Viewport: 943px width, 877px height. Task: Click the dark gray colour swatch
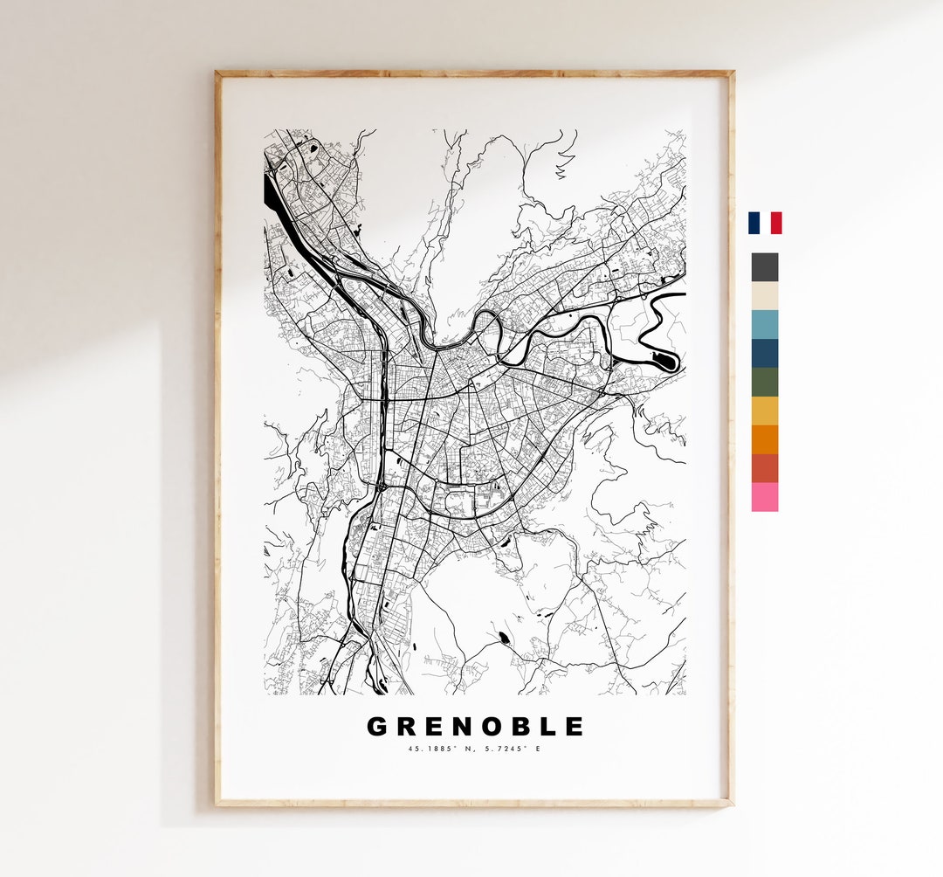[764, 267]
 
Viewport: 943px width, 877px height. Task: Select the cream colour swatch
[764, 296]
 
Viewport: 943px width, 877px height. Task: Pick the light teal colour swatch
[764, 324]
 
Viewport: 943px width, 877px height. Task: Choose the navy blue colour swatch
[764, 353]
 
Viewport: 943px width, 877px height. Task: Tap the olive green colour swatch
[764, 382]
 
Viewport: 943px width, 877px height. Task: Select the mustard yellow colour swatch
[764, 411]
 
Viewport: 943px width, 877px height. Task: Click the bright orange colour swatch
[764, 439]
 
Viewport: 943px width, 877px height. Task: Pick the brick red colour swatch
[764, 468]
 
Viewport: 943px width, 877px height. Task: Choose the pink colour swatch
[764, 497]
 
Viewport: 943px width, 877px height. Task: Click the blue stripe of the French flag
[753, 223]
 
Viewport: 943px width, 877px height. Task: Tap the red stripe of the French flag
[776, 223]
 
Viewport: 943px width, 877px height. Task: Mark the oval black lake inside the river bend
[665, 359]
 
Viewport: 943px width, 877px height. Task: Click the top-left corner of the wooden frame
[217, 73]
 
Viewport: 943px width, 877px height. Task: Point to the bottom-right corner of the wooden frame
[731, 803]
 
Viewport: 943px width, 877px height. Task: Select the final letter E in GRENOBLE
[574, 727]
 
